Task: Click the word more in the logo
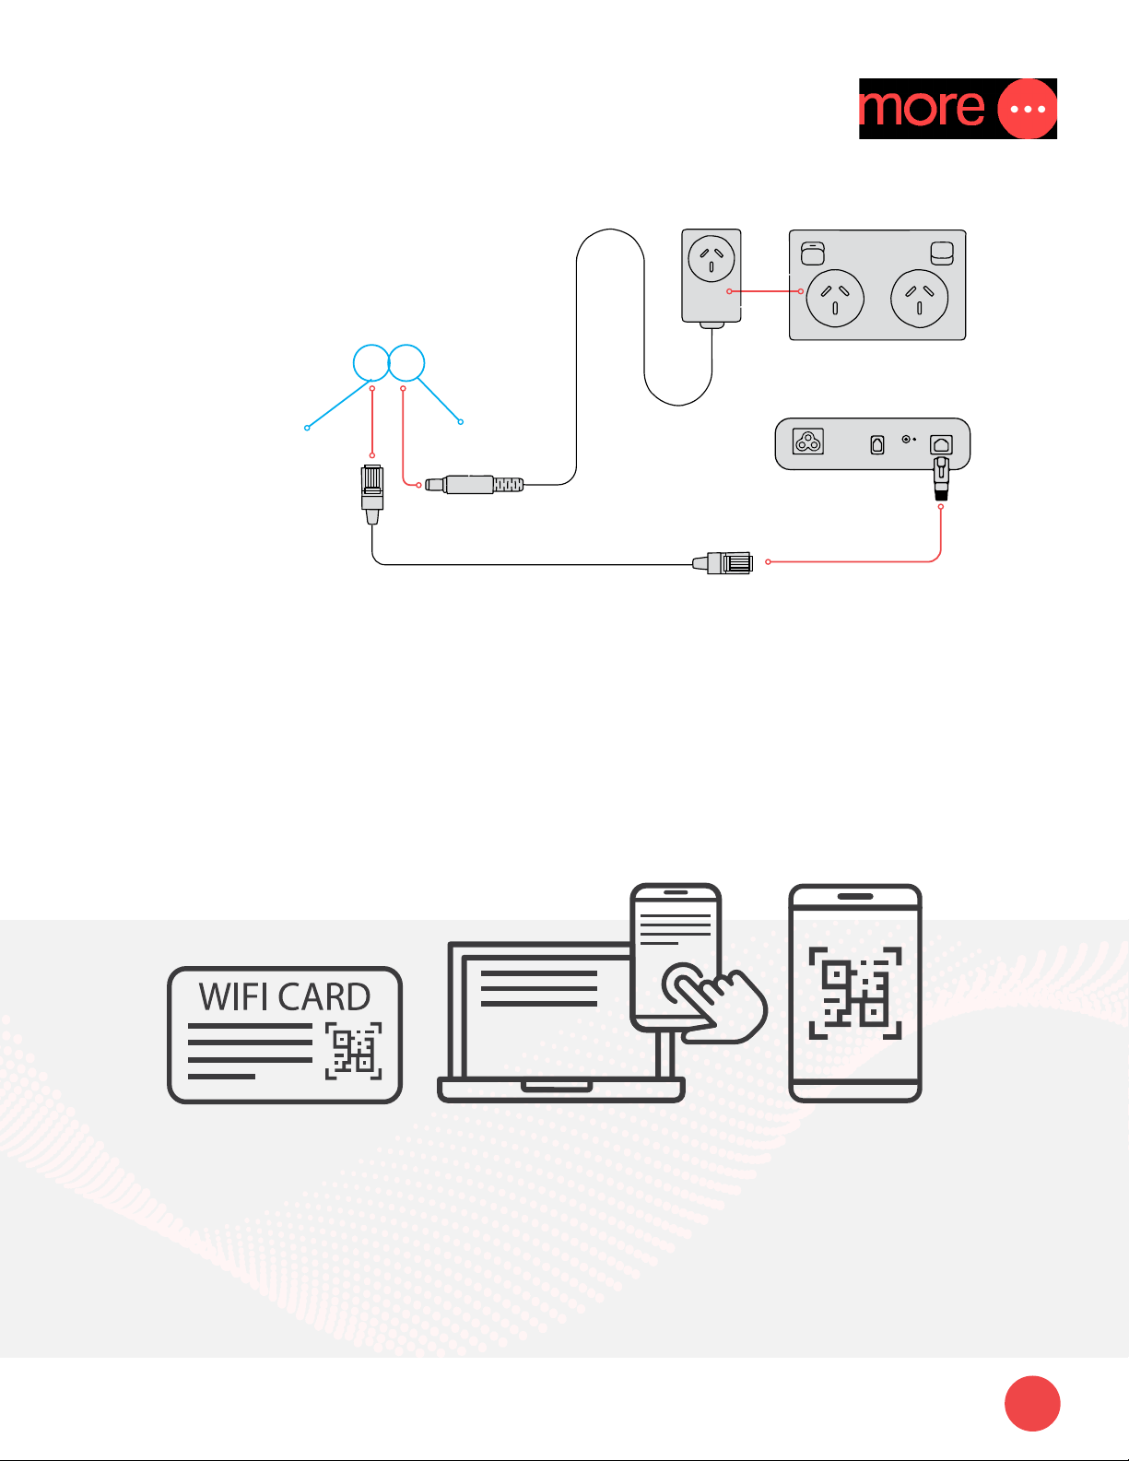coord(922,108)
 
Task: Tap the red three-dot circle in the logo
coord(1027,109)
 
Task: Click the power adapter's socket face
coord(712,257)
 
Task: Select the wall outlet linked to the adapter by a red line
coord(835,298)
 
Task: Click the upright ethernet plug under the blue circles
coord(372,489)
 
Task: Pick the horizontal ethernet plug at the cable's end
coord(729,562)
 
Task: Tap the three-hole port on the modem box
coord(808,443)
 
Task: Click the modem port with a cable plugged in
coord(941,445)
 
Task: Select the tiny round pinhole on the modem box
coord(906,440)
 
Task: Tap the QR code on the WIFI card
coord(353,1051)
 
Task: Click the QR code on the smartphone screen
coord(854,993)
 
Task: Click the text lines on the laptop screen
coord(539,988)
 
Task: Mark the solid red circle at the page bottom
coord(1032,1404)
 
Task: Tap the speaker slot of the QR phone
coord(855,896)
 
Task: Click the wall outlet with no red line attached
coord(920,298)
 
